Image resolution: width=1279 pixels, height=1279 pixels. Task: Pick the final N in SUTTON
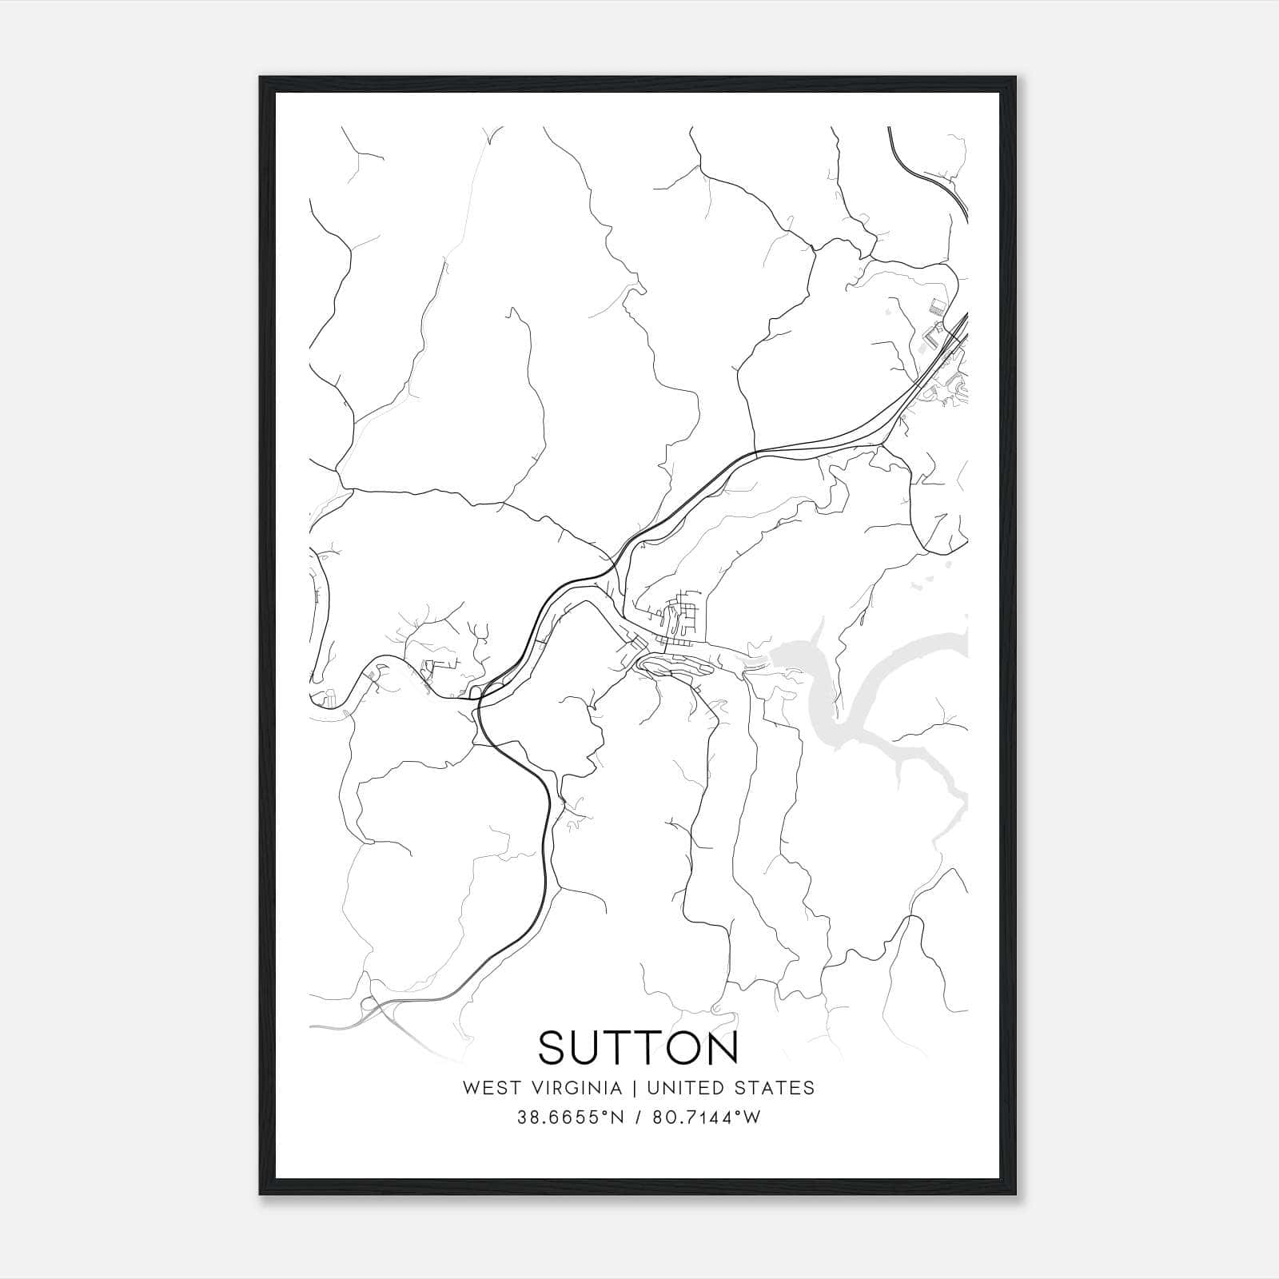pyautogui.click(x=722, y=1048)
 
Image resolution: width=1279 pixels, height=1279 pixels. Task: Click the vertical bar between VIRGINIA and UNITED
pyautogui.click(x=633, y=1088)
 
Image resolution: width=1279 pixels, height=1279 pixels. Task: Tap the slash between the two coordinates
pyautogui.click(x=639, y=1118)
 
